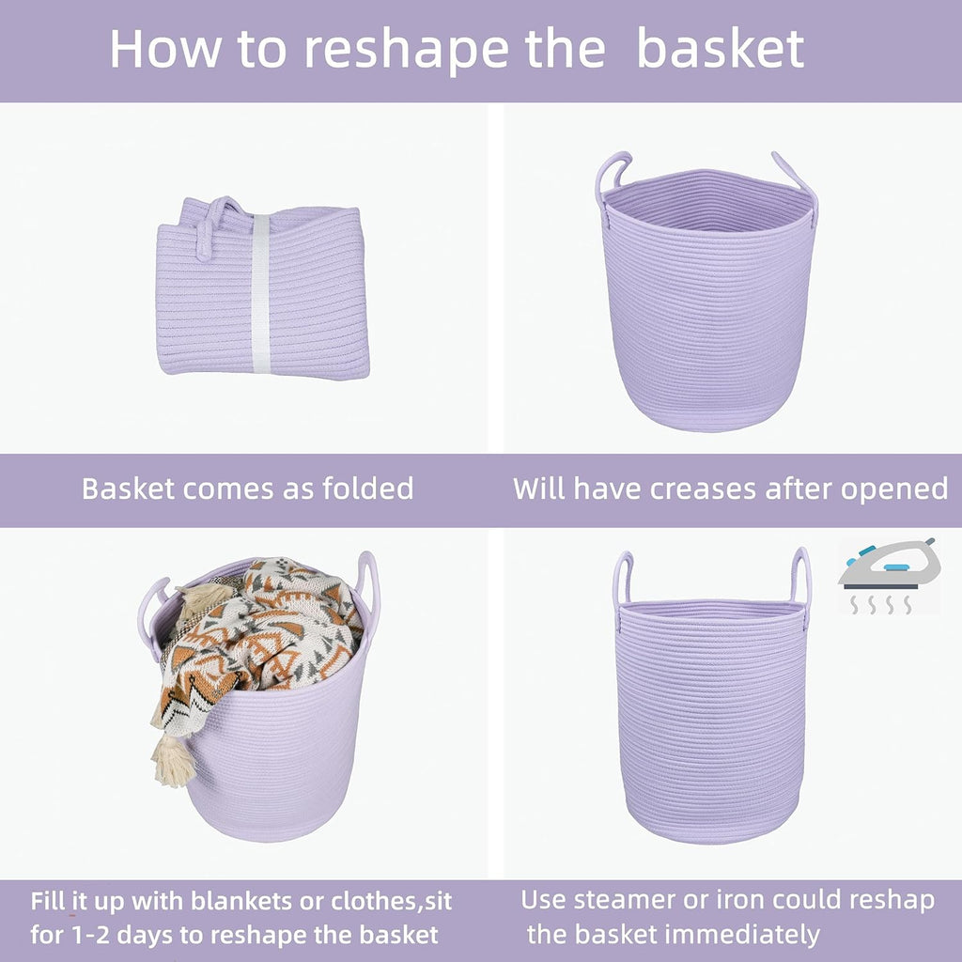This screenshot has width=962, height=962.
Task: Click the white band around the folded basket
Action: tap(260, 291)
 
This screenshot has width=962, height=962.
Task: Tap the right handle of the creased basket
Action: tap(799, 178)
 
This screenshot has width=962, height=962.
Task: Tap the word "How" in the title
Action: tap(159, 49)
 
